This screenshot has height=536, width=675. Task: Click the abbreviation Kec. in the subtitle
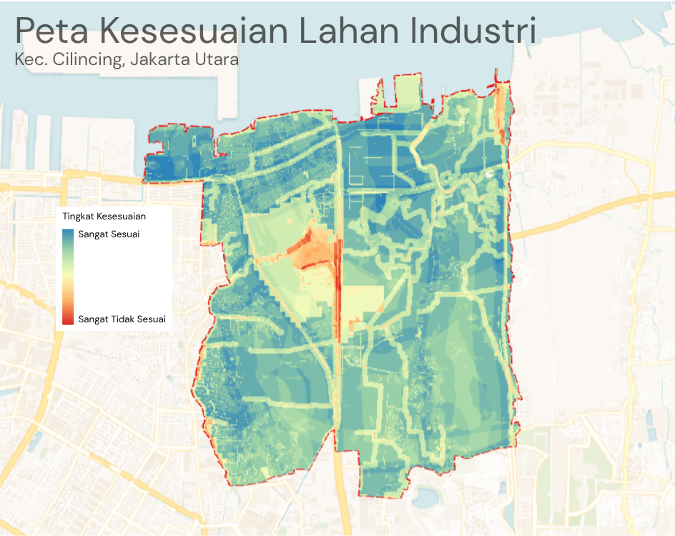pyautogui.click(x=29, y=59)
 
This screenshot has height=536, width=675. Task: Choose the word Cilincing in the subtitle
pyautogui.click(x=83, y=60)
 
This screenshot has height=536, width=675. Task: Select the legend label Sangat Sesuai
pyautogui.click(x=109, y=234)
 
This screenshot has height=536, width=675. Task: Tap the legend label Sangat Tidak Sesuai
pyautogui.click(x=122, y=319)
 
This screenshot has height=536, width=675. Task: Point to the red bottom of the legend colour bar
pyautogui.click(x=68, y=320)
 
